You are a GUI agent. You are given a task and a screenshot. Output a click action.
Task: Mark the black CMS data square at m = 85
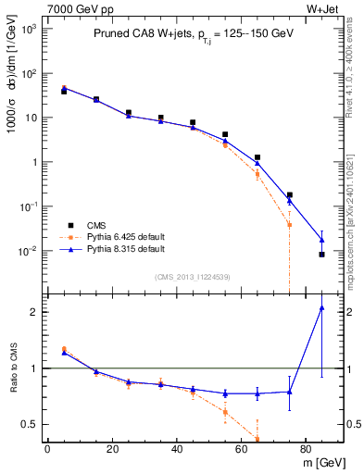click(321, 254)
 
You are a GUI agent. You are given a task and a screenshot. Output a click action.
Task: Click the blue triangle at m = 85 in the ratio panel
click(321, 308)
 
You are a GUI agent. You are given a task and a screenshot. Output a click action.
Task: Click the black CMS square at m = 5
click(64, 92)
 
